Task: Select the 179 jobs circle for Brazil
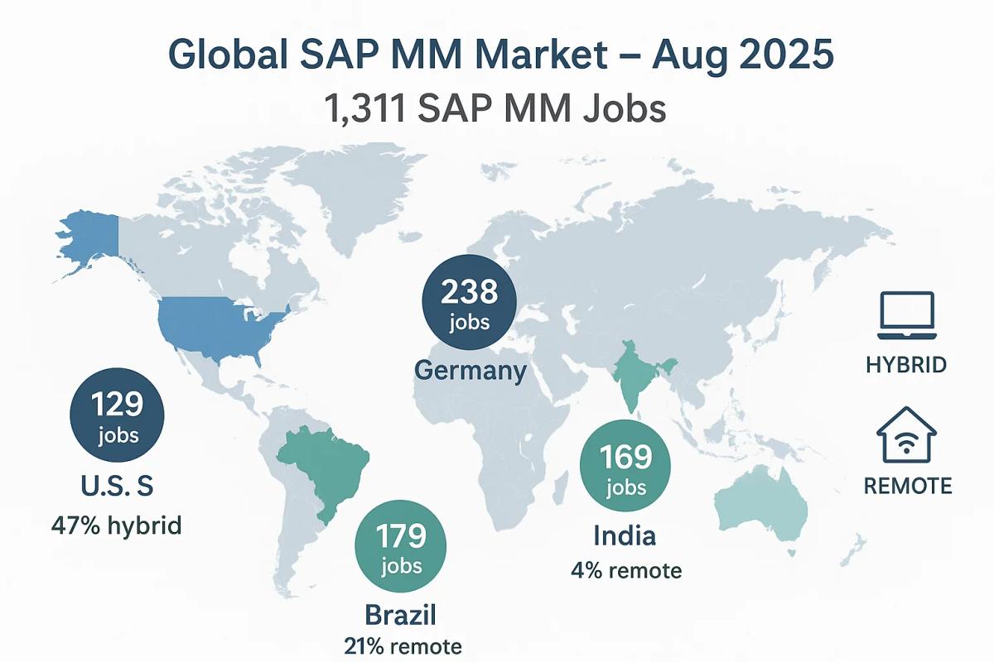[x=400, y=549]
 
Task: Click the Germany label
[x=470, y=370]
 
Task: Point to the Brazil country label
[x=400, y=616]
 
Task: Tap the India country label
[x=625, y=535]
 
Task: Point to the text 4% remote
[x=626, y=570]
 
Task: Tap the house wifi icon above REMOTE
[x=905, y=435]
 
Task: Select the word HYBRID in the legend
[x=905, y=365]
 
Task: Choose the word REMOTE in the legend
[x=907, y=486]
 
